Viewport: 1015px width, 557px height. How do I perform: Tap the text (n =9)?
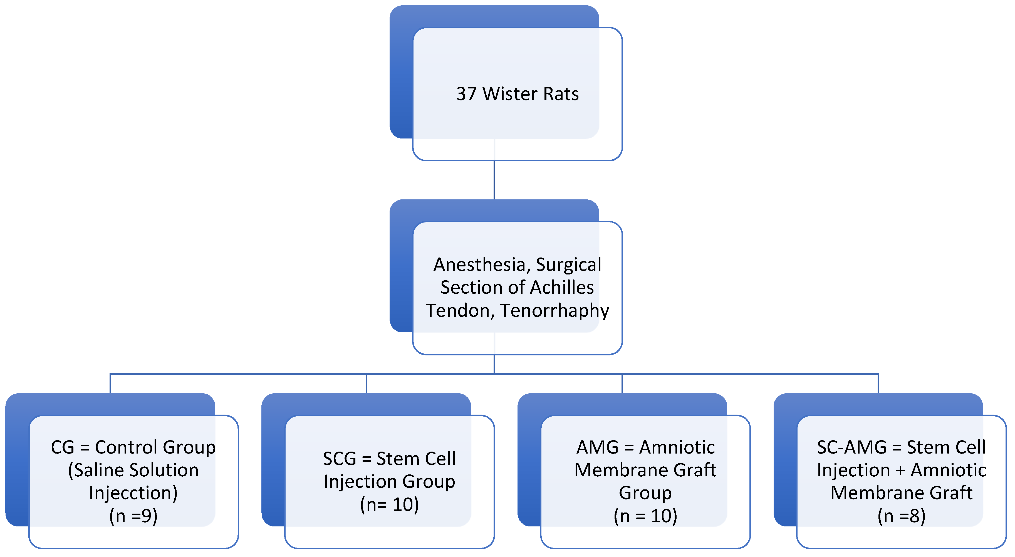point(133,516)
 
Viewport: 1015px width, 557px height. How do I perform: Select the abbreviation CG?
point(62,447)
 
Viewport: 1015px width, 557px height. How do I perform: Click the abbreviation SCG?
point(339,459)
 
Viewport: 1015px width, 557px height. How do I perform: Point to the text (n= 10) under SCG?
point(389,505)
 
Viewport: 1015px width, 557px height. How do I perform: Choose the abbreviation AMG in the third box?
point(597,447)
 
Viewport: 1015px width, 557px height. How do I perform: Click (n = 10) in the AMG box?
point(645,516)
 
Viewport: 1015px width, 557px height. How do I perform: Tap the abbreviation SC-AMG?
point(851,447)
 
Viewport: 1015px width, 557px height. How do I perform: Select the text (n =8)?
point(902,516)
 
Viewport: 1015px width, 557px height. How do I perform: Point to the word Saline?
point(98,470)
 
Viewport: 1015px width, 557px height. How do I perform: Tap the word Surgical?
point(569,265)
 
